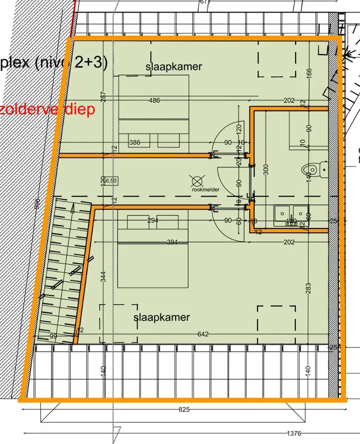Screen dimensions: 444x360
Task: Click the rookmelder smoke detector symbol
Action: [198, 180]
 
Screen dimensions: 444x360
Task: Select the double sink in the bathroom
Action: [291, 214]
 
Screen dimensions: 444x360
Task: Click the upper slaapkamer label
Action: [173, 67]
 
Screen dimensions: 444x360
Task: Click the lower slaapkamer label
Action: [162, 317]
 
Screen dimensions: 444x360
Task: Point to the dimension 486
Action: [154, 100]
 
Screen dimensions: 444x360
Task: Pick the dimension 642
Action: [203, 334]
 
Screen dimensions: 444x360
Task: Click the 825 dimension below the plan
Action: [184, 409]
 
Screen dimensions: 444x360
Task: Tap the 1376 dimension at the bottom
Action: [294, 433]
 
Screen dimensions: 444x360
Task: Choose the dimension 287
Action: [103, 97]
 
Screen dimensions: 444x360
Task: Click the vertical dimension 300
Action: [266, 169]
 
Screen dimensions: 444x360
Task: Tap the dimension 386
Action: [134, 143]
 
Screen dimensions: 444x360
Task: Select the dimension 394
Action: [172, 242]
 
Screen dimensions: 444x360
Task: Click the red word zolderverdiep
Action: [47, 109]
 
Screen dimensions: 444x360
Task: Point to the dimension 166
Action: [309, 72]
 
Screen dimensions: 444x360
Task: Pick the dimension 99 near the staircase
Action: [53, 337]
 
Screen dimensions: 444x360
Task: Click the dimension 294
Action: [153, 221]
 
